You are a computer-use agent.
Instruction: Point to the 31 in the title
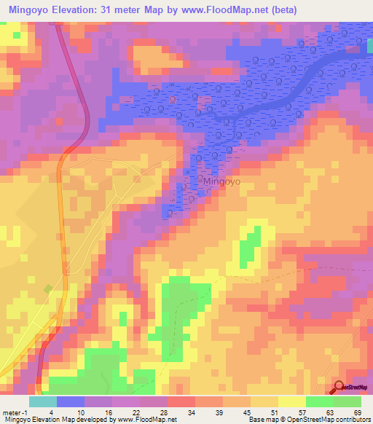tap(130, 10)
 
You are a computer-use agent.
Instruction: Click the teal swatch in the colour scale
tap(43, 401)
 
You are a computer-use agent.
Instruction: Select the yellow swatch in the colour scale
tap(291, 401)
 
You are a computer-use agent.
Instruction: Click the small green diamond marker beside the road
tap(49, 289)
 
